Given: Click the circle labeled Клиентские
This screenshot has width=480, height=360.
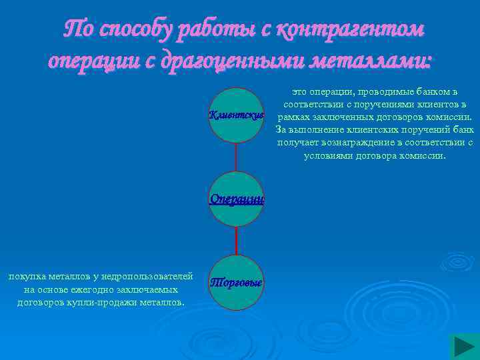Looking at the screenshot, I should click(237, 115).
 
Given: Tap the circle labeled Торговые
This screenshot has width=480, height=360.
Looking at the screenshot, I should click(237, 283).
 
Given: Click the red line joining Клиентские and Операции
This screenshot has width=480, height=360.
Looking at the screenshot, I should click(237, 157).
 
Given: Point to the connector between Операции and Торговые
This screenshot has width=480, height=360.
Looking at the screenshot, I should click(237, 241).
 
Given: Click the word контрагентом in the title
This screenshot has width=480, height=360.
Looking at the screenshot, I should click(350, 30).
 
